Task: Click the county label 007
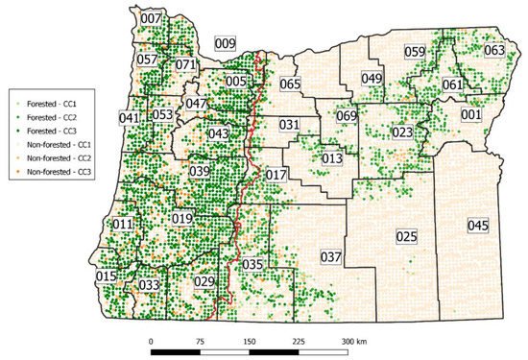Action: point(151,18)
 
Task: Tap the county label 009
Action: point(225,43)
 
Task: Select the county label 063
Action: point(494,50)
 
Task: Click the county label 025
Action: point(406,235)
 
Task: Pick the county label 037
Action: point(330,256)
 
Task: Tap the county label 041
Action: point(129,118)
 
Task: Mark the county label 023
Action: point(402,132)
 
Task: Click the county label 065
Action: point(290,84)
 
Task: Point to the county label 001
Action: point(471,115)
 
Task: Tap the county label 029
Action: point(204,281)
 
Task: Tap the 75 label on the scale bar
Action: point(199,342)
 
